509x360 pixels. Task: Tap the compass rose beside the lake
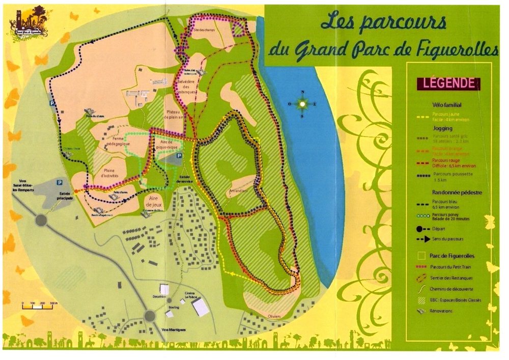tap(302, 104)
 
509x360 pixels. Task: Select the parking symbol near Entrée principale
tap(60, 181)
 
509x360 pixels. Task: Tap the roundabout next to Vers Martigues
tap(149, 316)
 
